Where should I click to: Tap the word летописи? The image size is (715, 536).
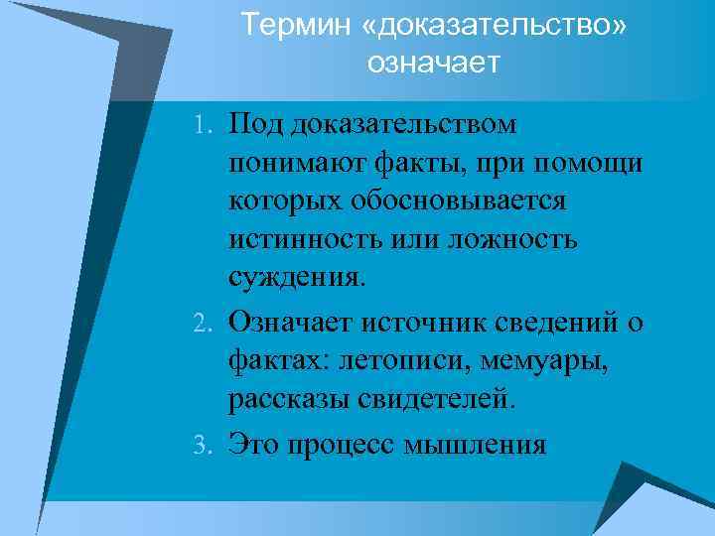(x=395, y=360)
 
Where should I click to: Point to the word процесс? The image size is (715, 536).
(x=343, y=444)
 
